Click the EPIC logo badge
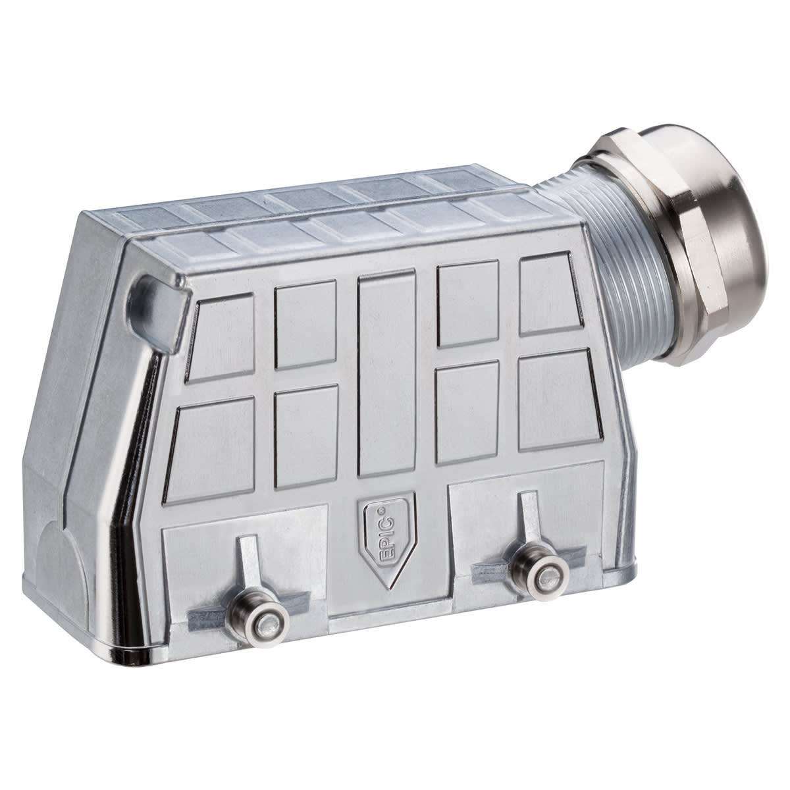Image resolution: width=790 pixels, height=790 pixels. (385, 538)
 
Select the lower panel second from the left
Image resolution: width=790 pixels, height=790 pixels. (307, 436)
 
